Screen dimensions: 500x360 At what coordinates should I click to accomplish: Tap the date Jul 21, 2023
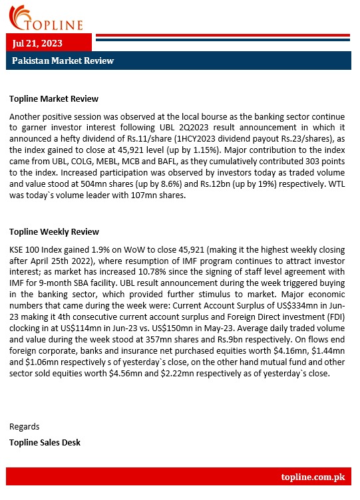(x=38, y=43)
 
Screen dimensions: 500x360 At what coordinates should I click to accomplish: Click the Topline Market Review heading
(x=54, y=99)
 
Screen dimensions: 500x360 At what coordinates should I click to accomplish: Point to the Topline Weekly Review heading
(x=54, y=232)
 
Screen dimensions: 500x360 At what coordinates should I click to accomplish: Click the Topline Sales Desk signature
(x=45, y=441)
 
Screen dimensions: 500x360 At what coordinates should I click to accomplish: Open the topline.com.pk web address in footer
(x=312, y=477)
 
